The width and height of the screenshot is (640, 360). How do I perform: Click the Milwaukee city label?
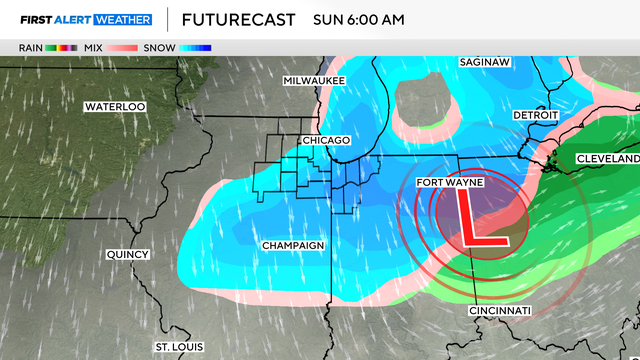[x=314, y=80]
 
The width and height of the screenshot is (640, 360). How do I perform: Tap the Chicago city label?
[x=327, y=140]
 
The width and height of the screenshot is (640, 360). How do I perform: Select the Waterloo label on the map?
[x=115, y=106]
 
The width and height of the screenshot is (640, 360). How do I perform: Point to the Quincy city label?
[x=128, y=255]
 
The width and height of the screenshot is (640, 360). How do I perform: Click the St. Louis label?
[x=177, y=346]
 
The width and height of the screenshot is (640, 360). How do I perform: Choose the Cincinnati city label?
[x=500, y=312]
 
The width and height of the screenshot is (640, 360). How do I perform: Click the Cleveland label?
[x=606, y=160]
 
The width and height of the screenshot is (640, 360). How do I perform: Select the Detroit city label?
[x=535, y=116]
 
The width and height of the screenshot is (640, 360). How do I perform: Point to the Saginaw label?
[x=486, y=62]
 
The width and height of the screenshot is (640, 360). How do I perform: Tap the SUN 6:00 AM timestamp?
[x=357, y=19]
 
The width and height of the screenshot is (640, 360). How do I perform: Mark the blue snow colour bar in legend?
[x=198, y=47]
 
